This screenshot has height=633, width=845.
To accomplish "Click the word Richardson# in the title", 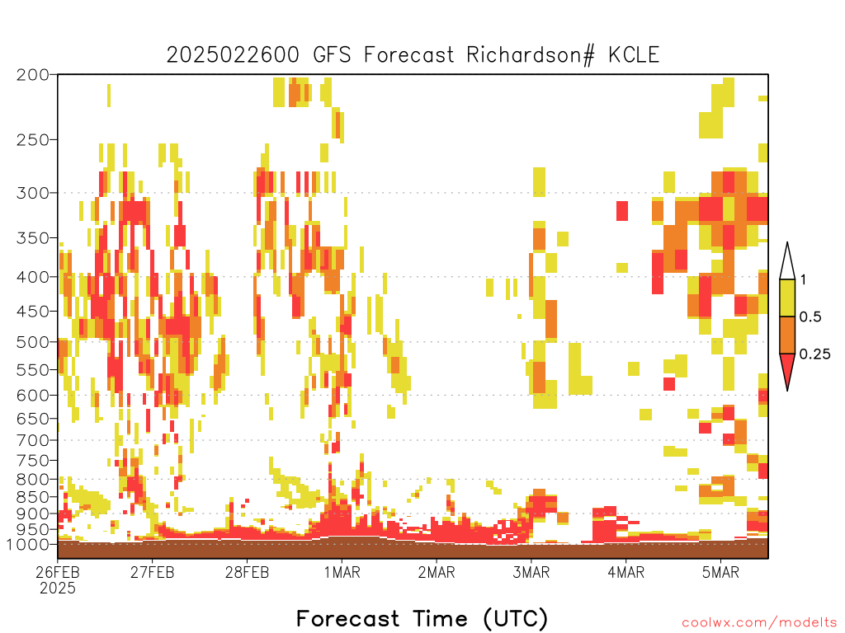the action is coord(531,55).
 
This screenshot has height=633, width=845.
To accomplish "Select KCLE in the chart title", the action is coord(634,55).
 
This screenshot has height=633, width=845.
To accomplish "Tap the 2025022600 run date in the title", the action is coord(232,55).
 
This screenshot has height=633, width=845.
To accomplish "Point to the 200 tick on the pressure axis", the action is coord(32,75).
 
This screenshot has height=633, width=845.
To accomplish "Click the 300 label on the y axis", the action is coord(32,193).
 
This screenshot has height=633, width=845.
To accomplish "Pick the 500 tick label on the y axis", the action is coord(32,342).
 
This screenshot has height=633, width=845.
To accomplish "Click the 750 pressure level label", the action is coord(32,460).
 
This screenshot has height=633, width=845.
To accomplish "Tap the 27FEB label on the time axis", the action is coord(152,572).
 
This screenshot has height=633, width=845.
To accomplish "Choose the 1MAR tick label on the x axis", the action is coord(342,572).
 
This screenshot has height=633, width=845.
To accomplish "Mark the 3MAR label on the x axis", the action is coord(531,572).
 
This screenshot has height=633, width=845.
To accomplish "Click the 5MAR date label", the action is coord(720,572).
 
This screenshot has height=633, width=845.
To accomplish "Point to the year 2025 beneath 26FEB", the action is coord(58,588).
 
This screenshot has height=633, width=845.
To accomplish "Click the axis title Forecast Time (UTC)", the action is coord(422,618).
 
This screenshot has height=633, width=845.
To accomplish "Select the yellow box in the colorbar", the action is coord(787,298).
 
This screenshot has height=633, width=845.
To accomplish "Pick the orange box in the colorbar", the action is coord(787,335).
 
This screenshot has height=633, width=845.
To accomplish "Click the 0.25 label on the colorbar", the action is coord(814,354).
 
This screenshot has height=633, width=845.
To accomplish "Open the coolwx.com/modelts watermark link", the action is coord(760,623).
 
